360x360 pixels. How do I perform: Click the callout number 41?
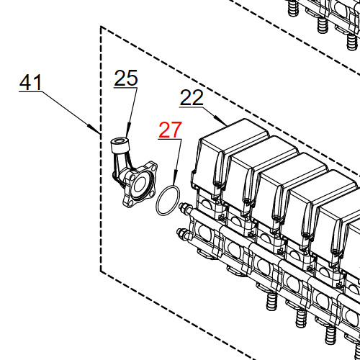click(x=30, y=83)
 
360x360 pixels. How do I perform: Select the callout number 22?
click(x=192, y=98)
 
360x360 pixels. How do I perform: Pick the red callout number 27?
click(x=171, y=130)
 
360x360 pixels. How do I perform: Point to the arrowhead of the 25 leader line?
click(x=126, y=135)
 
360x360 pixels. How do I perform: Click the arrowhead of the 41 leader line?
click(x=99, y=132)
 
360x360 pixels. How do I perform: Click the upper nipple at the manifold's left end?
click(x=186, y=210)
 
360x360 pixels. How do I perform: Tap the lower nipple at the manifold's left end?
click(x=182, y=233)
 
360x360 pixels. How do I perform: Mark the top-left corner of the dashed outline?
click(x=101, y=27)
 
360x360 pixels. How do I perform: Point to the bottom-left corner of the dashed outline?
click(x=101, y=271)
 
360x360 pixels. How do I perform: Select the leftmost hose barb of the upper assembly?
click(x=292, y=9)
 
